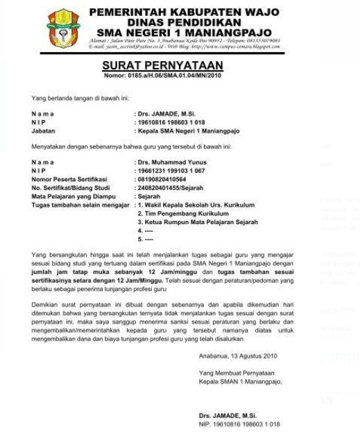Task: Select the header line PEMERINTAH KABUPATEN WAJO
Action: (184, 12)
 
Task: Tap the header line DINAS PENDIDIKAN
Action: (184, 22)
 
